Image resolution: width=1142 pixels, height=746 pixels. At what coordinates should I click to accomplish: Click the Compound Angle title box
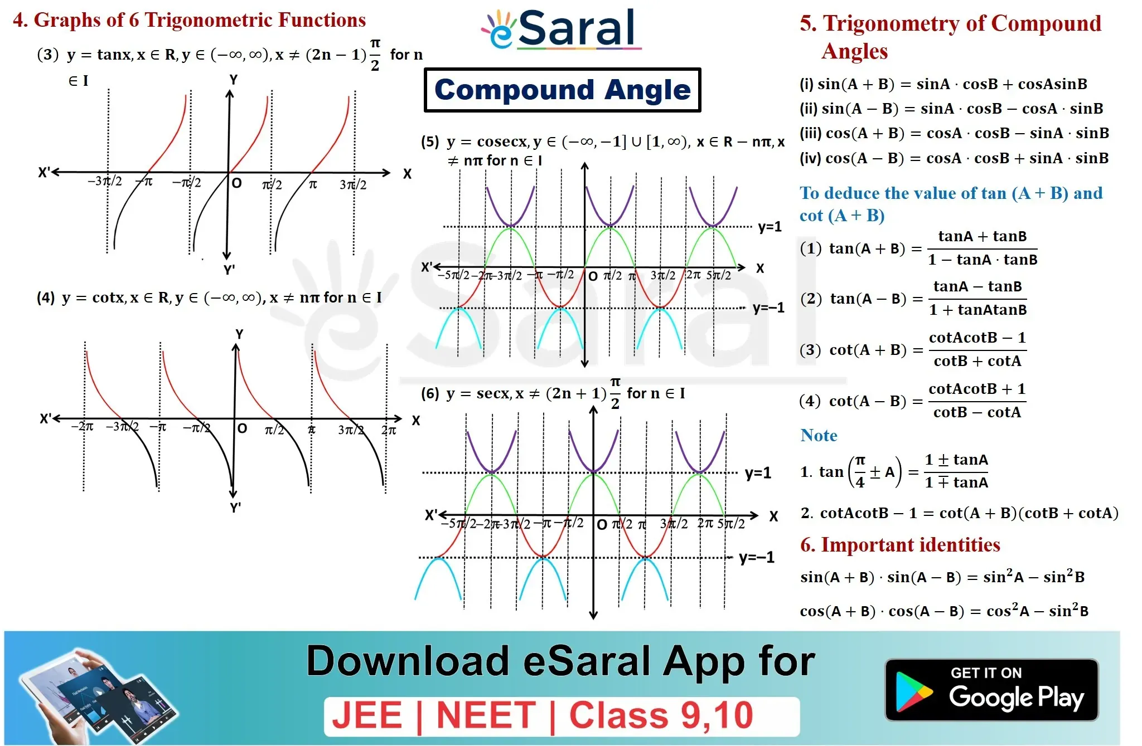pos(562,90)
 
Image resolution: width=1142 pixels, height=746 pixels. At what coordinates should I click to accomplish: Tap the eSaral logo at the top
pos(561,28)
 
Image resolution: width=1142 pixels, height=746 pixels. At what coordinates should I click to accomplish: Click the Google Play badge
pos(991,690)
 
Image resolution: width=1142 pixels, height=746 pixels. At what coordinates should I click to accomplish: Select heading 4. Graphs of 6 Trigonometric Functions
pos(189,20)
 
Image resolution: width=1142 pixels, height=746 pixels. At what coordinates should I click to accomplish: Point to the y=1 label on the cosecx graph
pos(770,227)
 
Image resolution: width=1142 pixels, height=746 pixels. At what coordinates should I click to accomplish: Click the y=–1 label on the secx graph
pos(756,557)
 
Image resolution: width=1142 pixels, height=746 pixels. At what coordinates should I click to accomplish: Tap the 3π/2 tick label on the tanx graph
pos(353,184)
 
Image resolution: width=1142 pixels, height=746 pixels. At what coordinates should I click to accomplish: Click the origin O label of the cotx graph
pos(242,428)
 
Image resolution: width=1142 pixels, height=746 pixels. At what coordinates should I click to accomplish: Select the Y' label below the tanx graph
pos(229,270)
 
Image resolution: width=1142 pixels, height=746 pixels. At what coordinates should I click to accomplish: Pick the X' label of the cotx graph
pos(45,419)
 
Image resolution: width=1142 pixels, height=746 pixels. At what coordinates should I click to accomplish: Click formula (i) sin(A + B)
pos(943,84)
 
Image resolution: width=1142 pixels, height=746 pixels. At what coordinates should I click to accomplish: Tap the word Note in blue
pos(819,435)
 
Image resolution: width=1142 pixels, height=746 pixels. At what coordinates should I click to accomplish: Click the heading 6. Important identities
pos(900,544)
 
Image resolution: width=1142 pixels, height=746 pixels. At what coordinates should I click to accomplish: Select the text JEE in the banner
pos(367,715)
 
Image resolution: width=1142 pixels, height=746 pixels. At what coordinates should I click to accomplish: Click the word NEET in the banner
pos(486,715)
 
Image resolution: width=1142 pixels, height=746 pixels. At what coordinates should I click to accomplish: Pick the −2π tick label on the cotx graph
pos(82,427)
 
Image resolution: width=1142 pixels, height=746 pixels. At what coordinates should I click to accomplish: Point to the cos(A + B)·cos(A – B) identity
pos(944,611)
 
